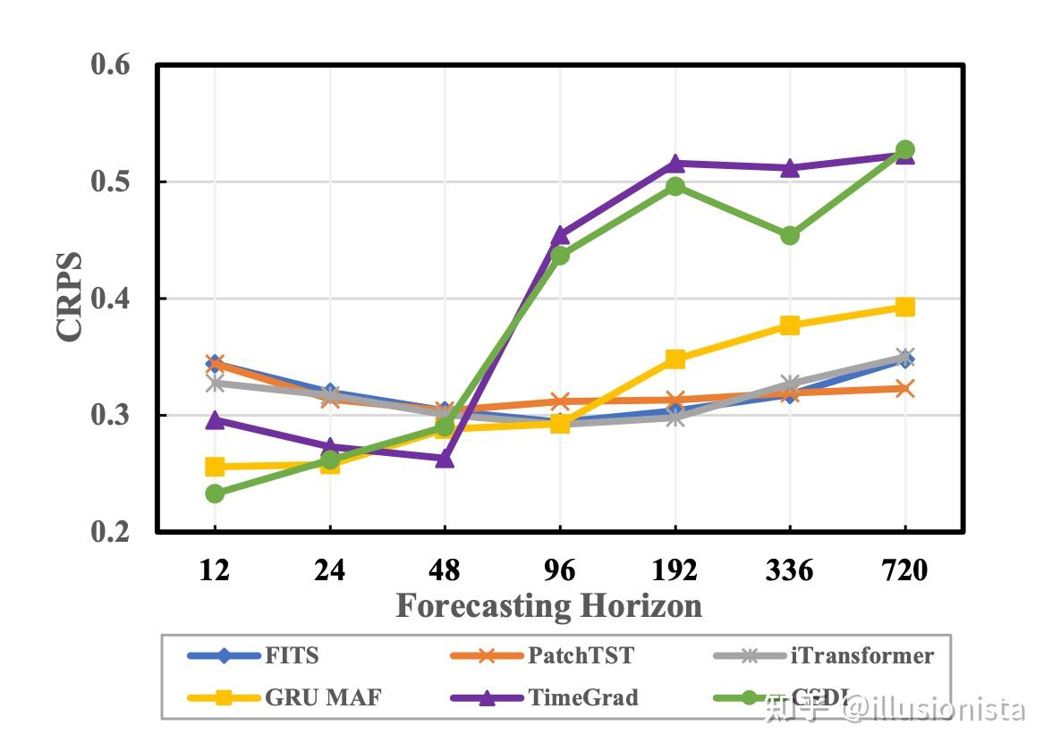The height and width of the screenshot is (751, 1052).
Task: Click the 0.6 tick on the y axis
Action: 110,64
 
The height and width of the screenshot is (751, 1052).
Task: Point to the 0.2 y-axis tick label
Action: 110,532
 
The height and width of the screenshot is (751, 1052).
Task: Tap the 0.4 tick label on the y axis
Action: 110,299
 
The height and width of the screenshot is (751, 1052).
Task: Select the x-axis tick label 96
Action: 560,570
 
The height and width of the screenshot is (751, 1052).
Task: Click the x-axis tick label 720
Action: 904,570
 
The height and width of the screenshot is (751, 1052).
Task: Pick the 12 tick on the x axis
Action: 215,570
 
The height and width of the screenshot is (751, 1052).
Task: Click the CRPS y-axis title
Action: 69,297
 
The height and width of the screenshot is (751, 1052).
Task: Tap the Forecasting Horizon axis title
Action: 548,606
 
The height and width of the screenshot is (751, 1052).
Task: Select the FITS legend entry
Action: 291,655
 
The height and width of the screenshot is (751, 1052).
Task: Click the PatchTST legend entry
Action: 580,655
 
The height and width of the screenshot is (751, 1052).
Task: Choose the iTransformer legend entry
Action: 861,655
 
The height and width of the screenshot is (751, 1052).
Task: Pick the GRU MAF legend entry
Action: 322,696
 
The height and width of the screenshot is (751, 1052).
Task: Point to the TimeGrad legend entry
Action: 582,696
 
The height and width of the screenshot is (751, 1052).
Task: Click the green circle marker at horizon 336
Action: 790,236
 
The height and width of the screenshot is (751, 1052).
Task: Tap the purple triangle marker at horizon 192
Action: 675,164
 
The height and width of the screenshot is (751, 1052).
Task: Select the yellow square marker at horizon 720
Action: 904,307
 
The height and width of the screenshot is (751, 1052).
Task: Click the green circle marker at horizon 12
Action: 215,494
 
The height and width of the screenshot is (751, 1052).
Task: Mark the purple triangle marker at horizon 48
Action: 445,458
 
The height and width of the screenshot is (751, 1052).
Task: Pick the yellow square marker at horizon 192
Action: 675,359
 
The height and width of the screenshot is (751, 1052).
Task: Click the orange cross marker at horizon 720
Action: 904,388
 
